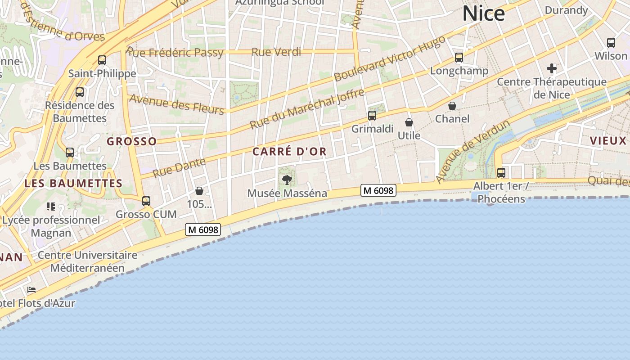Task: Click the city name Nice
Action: (483, 13)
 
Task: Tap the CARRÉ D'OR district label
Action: (289, 152)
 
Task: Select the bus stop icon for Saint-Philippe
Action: (102, 60)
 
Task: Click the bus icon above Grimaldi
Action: (372, 116)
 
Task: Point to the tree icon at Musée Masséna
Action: (287, 180)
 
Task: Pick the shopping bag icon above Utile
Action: (409, 122)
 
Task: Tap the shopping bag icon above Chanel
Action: (452, 106)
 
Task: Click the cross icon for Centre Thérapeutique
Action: (552, 69)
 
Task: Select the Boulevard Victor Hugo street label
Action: (390, 58)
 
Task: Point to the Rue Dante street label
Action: (179, 168)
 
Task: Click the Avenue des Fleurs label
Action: (176, 104)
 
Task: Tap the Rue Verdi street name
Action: (276, 52)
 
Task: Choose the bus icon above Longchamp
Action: (459, 58)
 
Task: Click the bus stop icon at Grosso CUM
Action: (146, 201)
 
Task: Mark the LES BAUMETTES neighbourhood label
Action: (73, 184)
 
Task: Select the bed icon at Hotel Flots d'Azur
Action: (31, 290)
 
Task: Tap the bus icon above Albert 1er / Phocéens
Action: (501, 173)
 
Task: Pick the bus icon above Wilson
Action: (611, 43)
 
